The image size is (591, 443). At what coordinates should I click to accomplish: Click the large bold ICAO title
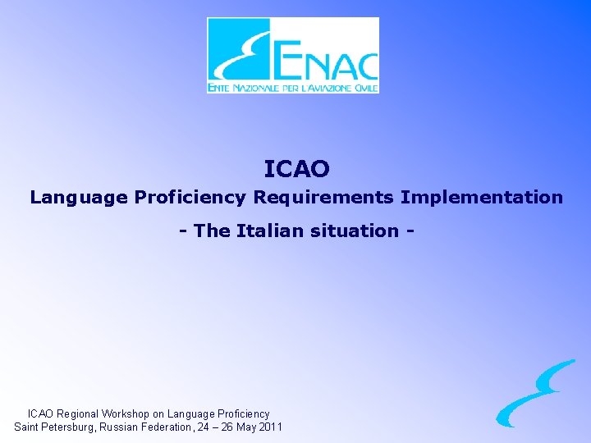296,169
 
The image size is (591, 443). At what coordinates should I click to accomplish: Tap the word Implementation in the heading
482,198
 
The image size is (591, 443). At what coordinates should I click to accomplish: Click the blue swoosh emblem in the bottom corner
535,394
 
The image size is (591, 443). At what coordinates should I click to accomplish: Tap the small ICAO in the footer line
42,414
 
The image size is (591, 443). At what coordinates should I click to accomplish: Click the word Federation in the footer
167,427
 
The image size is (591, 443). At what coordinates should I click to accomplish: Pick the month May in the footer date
247,427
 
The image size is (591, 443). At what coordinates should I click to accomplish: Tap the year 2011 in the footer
271,427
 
